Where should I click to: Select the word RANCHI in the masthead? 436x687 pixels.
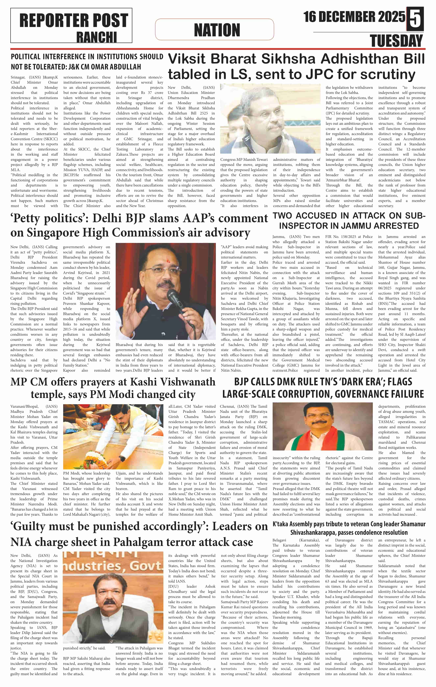[x=96, y=37]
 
